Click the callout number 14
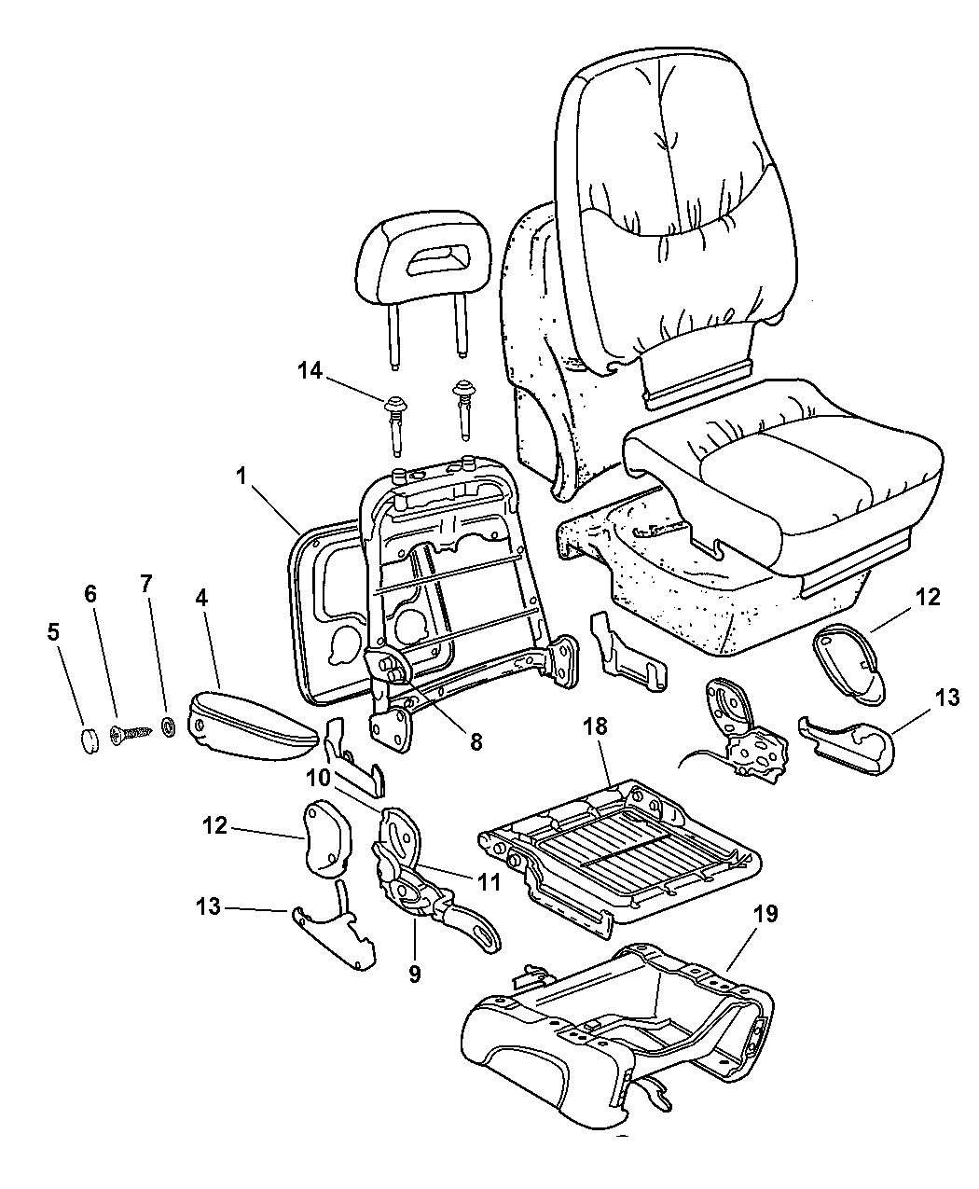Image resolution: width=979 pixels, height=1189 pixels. (310, 371)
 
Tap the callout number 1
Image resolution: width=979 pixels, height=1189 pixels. (241, 475)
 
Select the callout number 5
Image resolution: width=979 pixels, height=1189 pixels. (53, 631)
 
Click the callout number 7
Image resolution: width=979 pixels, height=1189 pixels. (145, 584)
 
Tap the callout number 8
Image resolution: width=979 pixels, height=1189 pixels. (476, 741)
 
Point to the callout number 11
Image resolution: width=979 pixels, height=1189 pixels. (488, 879)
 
